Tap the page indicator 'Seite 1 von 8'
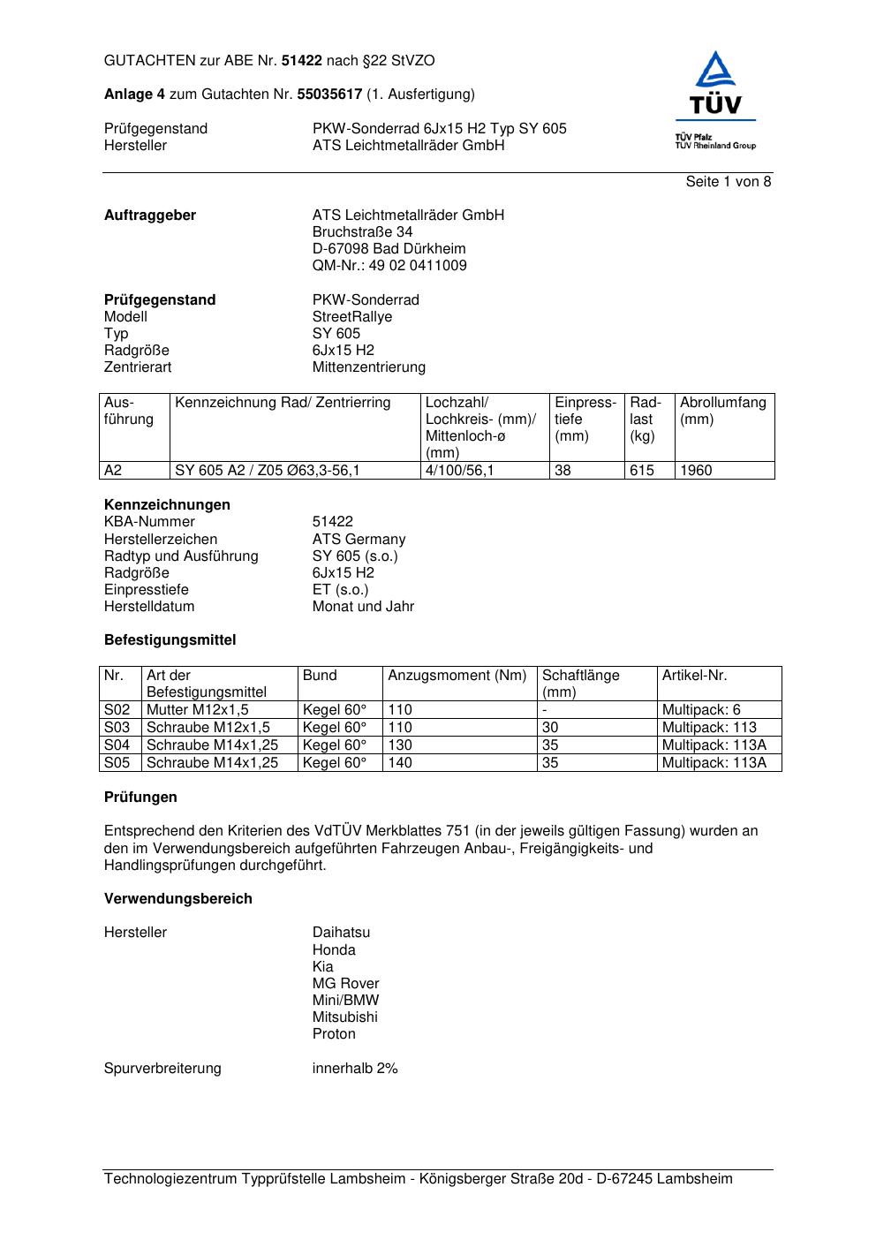[728, 182]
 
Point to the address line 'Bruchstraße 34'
[362, 232]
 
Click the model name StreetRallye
[351, 317]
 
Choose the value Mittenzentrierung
[368, 367]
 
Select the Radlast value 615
[642, 471]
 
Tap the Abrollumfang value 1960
[696, 471]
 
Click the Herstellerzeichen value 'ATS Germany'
[359, 540]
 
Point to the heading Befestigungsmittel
[170, 640]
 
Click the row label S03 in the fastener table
[117, 728]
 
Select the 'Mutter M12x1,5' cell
[197, 710]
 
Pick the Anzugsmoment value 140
[400, 763]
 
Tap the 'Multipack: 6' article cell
[701, 710]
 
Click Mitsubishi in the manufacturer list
[344, 1017]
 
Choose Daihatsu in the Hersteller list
[341, 933]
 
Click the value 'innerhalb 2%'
[355, 1069]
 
